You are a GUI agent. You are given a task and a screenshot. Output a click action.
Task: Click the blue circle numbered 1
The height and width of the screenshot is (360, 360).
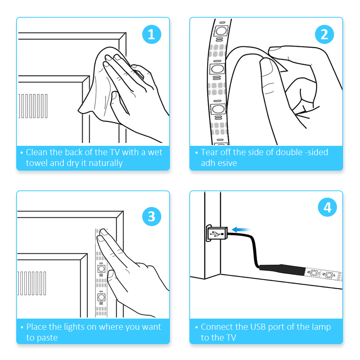pos(152,35)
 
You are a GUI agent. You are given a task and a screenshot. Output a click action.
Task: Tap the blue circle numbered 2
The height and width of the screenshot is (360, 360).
pos(324,35)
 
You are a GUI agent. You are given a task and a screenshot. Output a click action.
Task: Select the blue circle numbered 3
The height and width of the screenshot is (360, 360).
pos(152,216)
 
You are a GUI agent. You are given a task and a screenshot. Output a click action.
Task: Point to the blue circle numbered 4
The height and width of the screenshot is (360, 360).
pos(327,207)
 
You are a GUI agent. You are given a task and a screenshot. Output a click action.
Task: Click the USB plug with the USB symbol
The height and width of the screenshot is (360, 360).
pos(217,233)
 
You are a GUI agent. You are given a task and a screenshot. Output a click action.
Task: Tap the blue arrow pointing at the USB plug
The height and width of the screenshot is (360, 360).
pos(241,229)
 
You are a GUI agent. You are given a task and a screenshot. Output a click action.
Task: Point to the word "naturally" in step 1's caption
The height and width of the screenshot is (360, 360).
pos(105,163)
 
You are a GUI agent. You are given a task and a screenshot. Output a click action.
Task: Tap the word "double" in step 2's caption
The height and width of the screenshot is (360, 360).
pos(289,152)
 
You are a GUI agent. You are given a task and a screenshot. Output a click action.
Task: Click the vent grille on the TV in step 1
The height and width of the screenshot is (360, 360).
pos(33,106)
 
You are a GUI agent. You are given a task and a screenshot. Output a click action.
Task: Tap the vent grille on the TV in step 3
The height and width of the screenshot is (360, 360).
pos(31,283)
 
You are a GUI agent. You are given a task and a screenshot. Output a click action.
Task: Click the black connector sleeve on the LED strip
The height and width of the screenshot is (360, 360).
pos(282,270)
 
